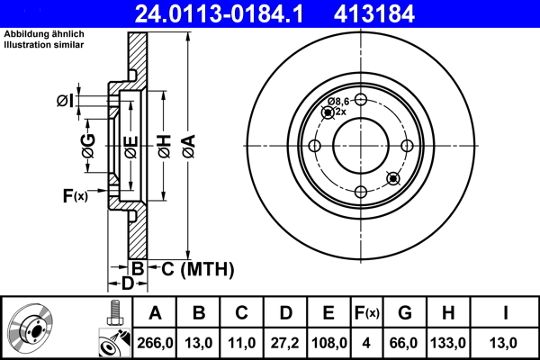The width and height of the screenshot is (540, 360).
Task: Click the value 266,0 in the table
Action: [155, 342]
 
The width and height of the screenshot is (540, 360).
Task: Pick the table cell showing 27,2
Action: [285, 342]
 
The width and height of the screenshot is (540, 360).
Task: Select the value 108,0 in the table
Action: [329, 342]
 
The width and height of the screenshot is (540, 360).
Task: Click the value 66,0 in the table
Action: [404, 342]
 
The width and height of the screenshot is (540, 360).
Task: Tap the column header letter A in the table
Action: [155, 313]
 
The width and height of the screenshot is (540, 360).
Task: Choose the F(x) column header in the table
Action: [367, 313]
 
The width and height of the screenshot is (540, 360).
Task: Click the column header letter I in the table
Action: [505, 313]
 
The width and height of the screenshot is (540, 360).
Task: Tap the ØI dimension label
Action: [65, 101]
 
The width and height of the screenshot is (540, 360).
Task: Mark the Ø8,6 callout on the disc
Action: [338, 102]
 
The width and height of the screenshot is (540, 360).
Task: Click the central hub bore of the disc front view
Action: [360, 147]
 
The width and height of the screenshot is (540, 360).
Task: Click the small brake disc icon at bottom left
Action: [32, 329]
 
